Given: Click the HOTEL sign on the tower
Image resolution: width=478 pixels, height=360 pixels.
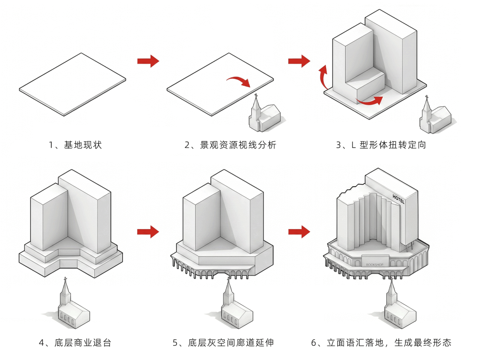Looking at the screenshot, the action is (x=398, y=199).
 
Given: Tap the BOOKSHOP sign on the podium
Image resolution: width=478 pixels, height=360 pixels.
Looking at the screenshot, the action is (x=375, y=264).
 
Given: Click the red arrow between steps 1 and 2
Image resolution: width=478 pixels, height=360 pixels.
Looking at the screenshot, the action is (x=148, y=61).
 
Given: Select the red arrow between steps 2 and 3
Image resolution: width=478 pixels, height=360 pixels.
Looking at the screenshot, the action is (x=299, y=61).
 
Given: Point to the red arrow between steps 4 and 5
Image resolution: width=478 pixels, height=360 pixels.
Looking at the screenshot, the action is (x=148, y=232).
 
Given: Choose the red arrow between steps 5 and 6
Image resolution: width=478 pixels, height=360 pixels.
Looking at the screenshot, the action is (x=299, y=232).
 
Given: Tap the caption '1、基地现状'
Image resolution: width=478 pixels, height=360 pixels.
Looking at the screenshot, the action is (x=75, y=145).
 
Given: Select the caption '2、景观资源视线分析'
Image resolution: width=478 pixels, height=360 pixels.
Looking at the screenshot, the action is (x=231, y=145).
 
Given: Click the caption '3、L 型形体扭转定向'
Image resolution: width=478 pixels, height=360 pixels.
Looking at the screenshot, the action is (x=381, y=145).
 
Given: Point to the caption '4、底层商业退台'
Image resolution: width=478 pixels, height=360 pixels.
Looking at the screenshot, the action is (x=75, y=343).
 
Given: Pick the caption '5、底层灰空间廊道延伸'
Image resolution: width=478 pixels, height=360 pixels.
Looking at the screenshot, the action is (x=223, y=343).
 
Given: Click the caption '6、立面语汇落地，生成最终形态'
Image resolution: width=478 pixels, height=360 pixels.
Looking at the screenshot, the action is (x=381, y=343).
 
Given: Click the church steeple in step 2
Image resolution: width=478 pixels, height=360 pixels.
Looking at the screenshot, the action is (x=255, y=106).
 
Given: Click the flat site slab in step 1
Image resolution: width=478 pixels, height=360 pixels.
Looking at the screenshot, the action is (x=73, y=84).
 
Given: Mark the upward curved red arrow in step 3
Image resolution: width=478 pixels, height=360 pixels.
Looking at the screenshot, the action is (x=323, y=76).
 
